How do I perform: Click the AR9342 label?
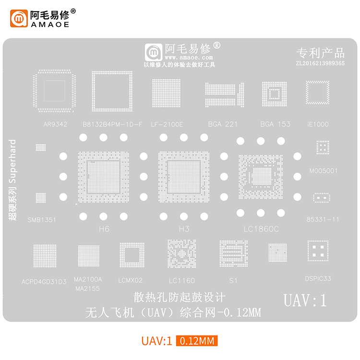point(55,124)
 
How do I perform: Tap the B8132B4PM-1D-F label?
point(112,124)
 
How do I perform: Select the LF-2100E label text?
point(167,124)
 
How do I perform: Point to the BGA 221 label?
point(223,124)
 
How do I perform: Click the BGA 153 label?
point(275,124)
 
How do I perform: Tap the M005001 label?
point(324,170)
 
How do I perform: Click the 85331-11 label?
point(323,219)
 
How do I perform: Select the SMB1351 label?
point(42,220)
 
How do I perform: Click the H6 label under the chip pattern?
point(104,229)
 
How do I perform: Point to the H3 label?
point(184,229)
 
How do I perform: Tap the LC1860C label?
point(261,229)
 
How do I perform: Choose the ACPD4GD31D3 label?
point(44,281)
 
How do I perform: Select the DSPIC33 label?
point(318,278)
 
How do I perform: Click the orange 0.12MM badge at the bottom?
point(197,341)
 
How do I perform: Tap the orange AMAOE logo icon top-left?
point(19,18)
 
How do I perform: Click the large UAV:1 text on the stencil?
point(305,300)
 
